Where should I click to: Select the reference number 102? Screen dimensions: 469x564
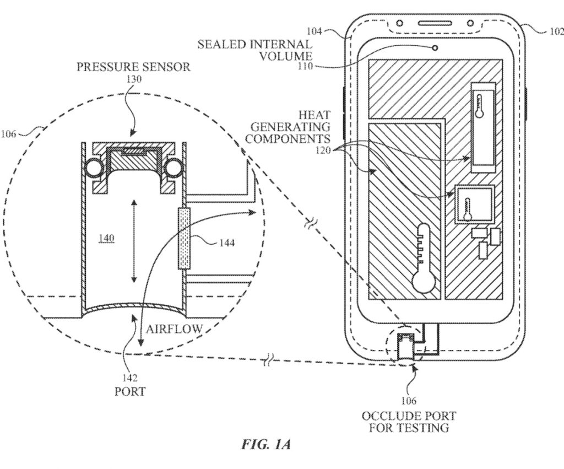(556, 31)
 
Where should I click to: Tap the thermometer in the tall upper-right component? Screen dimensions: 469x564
(480, 107)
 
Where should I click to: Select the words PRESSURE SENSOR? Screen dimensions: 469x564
(134, 67)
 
